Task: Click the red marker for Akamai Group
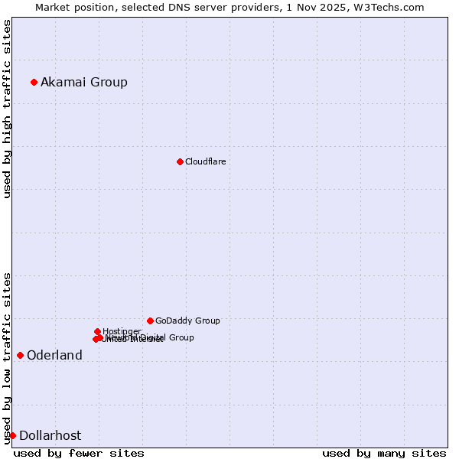[34, 82]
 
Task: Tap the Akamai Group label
[84, 82]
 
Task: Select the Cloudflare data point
[180, 161]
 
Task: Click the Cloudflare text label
[205, 161]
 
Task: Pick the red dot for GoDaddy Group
[150, 321]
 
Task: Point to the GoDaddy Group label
[187, 321]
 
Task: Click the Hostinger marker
[97, 331]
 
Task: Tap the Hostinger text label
[122, 331]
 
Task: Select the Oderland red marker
[20, 355]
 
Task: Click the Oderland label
[54, 355]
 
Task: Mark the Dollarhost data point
[12, 435]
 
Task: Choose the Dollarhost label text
[50, 435]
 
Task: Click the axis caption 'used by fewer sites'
[79, 453]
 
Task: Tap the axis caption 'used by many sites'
[384, 453]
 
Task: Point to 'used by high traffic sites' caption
[8, 109]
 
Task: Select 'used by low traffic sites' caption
[8, 358]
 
